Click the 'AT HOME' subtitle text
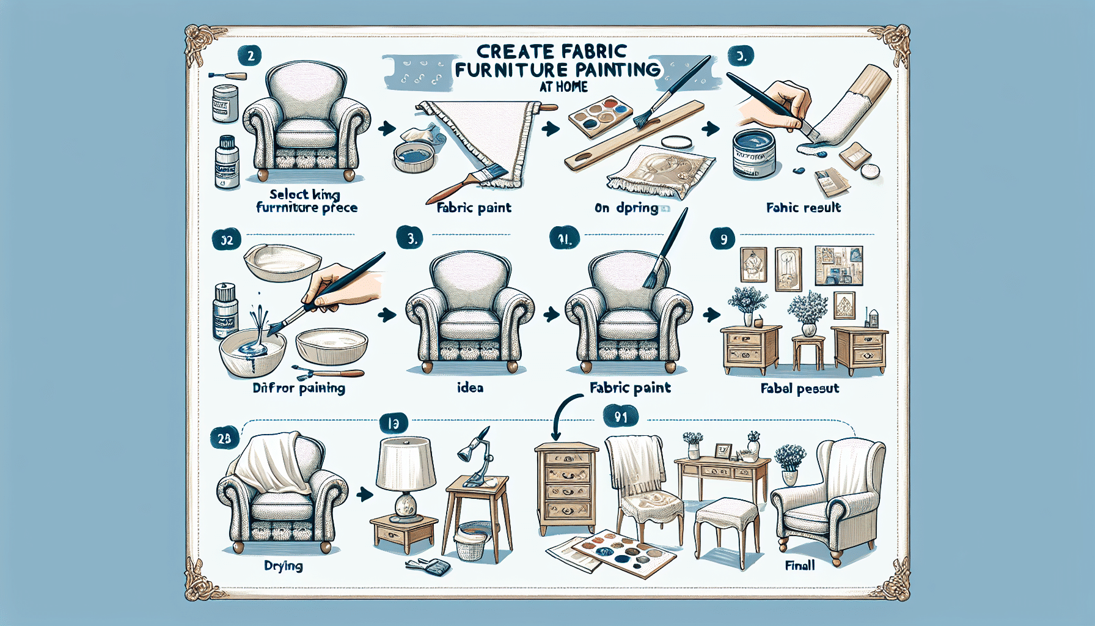point(563,87)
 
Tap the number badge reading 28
point(224,438)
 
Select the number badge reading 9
point(723,239)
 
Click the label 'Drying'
point(284,566)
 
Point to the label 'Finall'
point(800,565)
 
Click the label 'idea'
point(470,388)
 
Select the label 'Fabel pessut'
point(800,388)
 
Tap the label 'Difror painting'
point(299,388)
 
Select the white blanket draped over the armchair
point(269,462)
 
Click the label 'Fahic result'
point(803,208)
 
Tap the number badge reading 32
point(227,240)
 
